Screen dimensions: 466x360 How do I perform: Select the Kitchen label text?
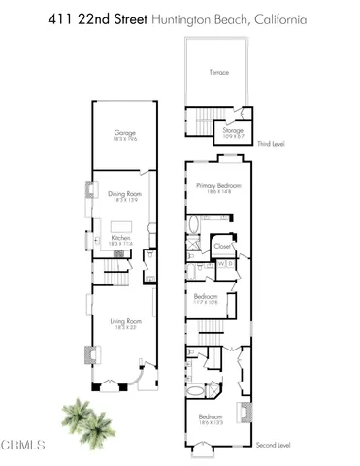[x=121, y=236]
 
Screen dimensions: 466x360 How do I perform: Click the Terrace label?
[x=219, y=72]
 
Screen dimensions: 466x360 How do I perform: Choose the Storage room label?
[x=232, y=129]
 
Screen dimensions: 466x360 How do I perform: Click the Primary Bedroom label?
[x=218, y=186]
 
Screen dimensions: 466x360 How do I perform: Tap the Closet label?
[x=222, y=246]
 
